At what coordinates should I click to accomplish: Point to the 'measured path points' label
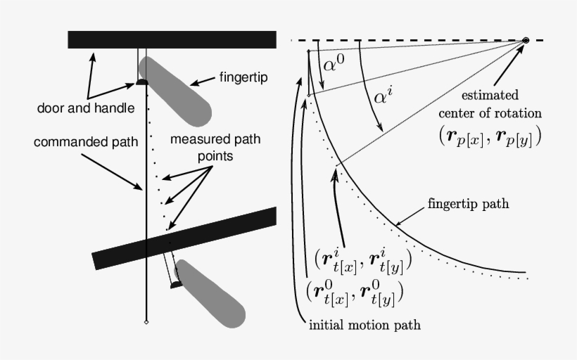[x=215, y=146]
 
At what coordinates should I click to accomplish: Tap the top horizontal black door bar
[x=172, y=39]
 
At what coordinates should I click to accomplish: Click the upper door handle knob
[x=142, y=82]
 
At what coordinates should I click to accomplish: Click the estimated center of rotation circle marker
[x=525, y=41]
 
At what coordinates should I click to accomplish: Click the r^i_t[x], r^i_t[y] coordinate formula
[x=363, y=262]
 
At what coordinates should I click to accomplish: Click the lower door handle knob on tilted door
[x=175, y=284]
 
